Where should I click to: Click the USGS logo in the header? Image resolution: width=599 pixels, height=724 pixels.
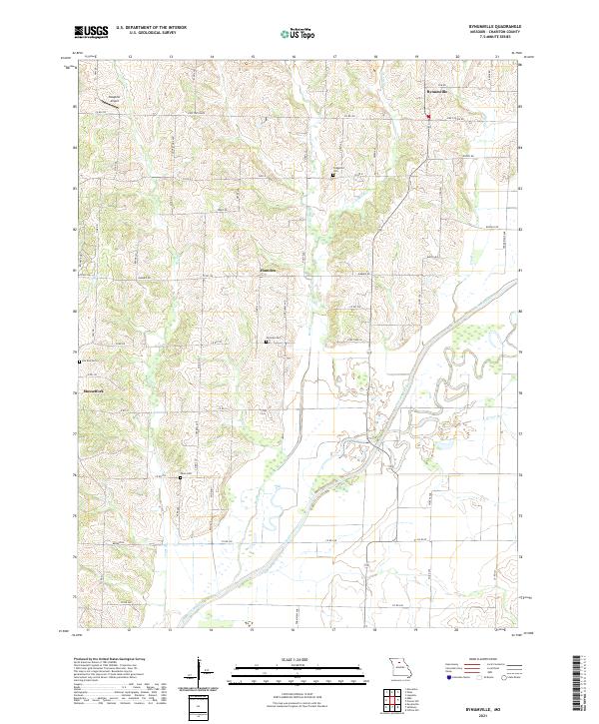coord(91,32)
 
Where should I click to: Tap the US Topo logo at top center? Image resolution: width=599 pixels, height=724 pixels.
coord(299,32)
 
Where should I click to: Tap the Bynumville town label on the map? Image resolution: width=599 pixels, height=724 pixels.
coord(435,93)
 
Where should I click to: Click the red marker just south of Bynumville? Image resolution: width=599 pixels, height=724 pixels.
coord(429,118)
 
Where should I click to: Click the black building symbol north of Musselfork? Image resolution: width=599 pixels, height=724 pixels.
coord(80,362)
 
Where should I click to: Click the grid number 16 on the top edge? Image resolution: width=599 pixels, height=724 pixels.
coord(294,58)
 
